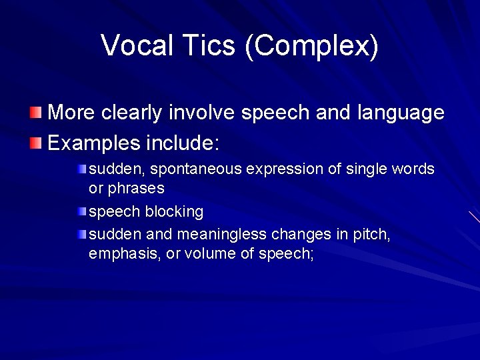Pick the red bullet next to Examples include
point(37,143)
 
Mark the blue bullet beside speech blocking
point(81,211)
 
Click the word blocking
point(174,212)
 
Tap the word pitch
point(375,235)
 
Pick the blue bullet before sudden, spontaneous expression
point(81,169)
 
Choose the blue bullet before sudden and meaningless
point(81,233)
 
